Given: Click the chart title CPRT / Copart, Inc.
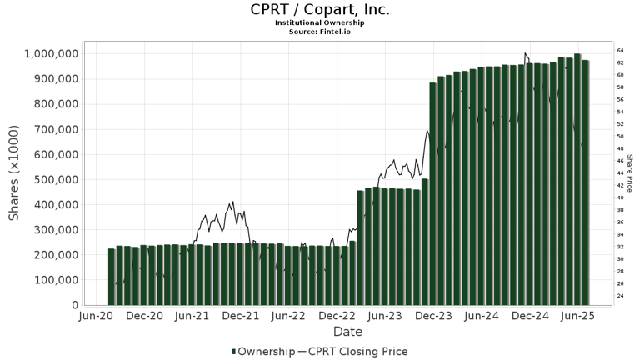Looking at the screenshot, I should pos(320,10).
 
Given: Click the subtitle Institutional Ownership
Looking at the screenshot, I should pos(320,22).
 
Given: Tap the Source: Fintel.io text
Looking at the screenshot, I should pos(320,31).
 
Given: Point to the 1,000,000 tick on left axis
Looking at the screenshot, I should pos(52,54).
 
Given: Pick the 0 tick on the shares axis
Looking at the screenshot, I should pos(73,305).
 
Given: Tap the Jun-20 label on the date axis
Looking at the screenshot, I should pos(97,317).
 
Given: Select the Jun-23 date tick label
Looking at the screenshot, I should pos(386,317).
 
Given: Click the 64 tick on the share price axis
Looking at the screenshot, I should pos(621,50).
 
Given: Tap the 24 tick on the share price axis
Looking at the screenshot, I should pos(621,296).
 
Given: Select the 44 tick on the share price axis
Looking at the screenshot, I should pos(621,172).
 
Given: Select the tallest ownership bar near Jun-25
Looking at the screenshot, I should pos(577,179).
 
